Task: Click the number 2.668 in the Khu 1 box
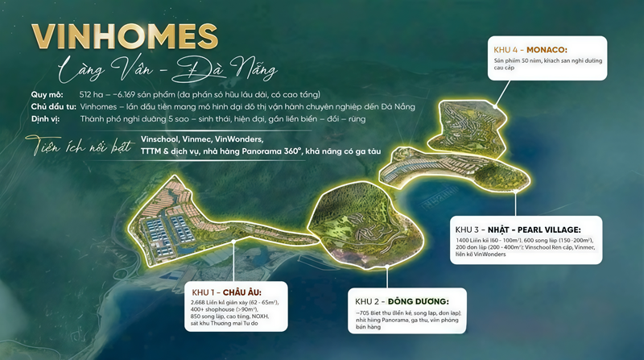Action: tap(201, 302)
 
